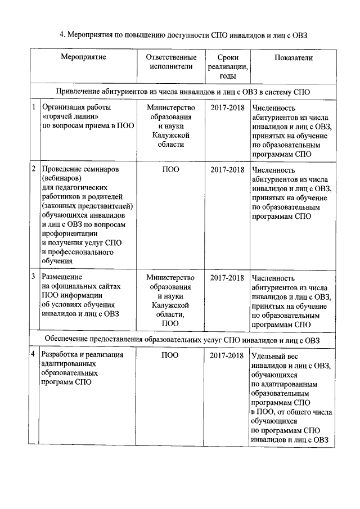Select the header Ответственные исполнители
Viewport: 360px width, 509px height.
[x=170, y=62]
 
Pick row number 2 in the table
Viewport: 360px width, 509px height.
[x=34, y=169]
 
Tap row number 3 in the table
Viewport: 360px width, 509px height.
[x=34, y=277]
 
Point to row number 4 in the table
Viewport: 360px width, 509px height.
[x=34, y=355]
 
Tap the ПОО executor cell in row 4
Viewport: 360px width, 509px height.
[x=170, y=355]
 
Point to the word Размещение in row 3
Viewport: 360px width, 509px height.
[x=62, y=277]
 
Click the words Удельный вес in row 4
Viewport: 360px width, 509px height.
[x=275, y=356]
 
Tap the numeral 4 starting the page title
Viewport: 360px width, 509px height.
[x=62, y=35]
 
